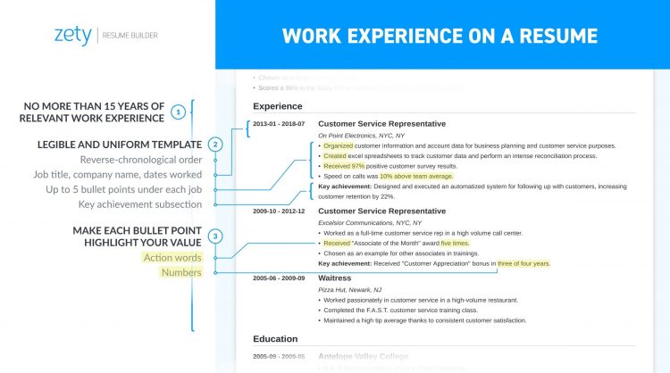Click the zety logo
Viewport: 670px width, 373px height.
(x=72, y=36)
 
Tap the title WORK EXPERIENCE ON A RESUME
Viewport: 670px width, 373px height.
(x=440, y=36)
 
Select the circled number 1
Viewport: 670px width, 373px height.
(x=179, y=112)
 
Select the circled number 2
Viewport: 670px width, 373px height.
(x=214, y=145)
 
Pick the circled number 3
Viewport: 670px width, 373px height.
(x=214, y=236)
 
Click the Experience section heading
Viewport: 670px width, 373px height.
(x=278, y=105)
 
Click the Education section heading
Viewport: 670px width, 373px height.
(x=275, y=339)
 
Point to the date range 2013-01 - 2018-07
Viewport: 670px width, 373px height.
(x=279, y=124)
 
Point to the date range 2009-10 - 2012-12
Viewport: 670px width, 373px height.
(x=279, y=211)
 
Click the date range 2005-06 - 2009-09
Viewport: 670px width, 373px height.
(x=279, y=278)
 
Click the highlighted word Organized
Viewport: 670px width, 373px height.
(x=338, y=145)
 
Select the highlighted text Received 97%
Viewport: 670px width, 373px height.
(x=343, y=166)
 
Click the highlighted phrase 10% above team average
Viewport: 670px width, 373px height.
(x=416, y=177)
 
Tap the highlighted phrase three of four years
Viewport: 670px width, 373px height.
(x=523, y=264)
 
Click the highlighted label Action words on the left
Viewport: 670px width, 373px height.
(x=172, y=258)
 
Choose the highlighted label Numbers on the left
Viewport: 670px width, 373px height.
(x=180, y=272)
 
